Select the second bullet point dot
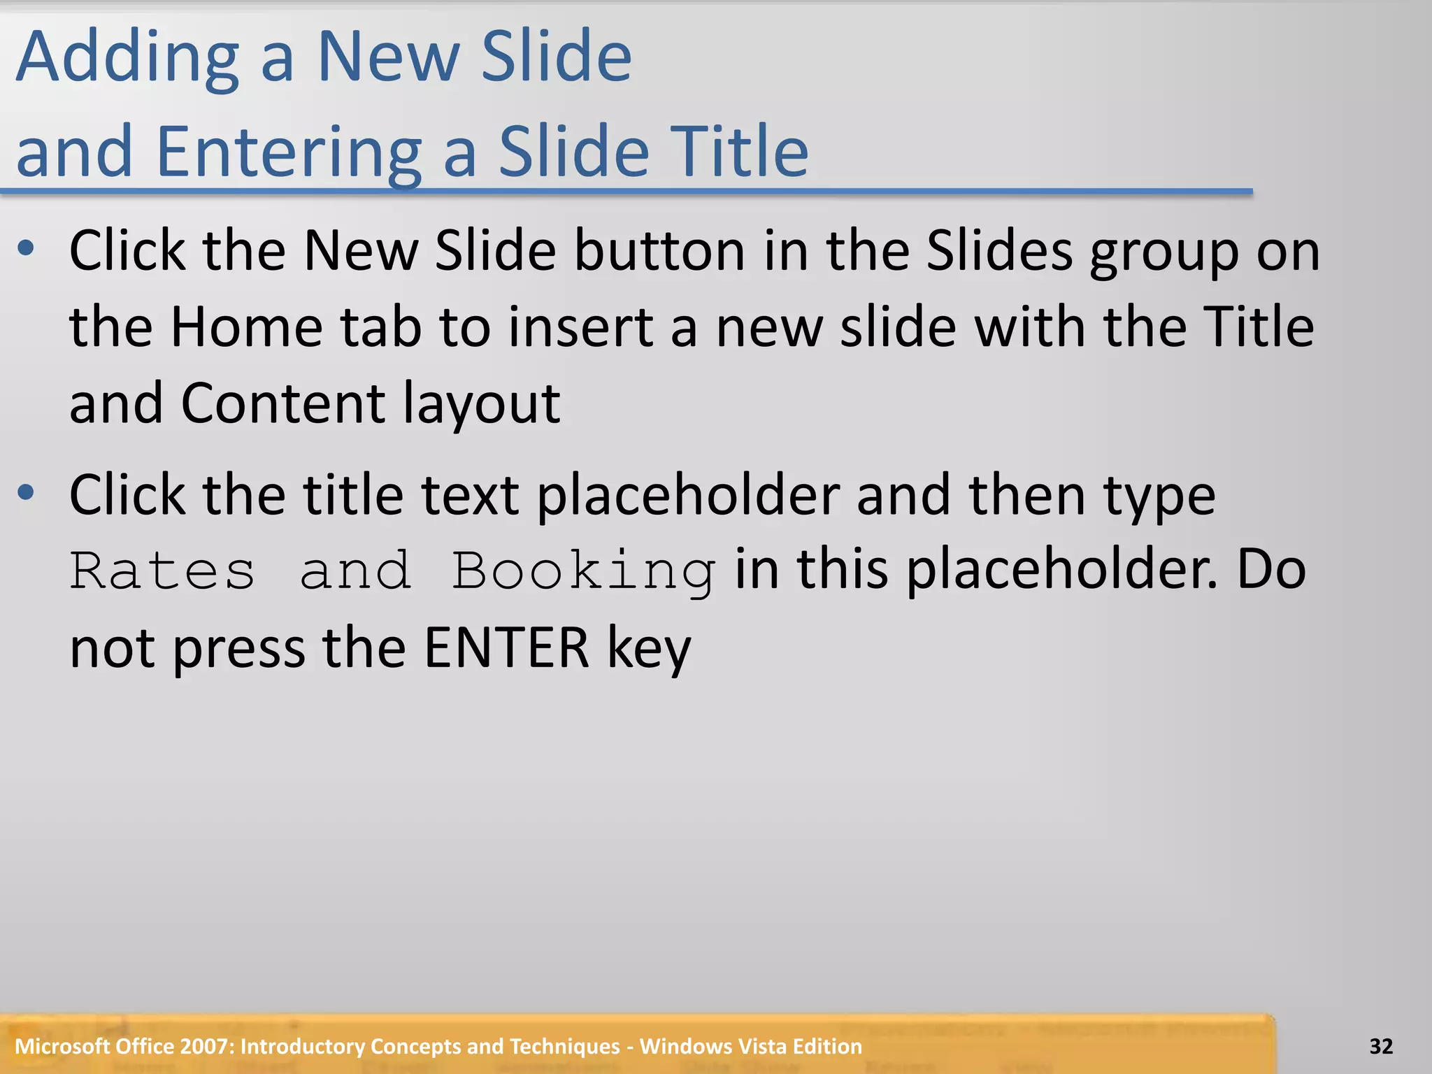(26, 492)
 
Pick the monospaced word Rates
(162, 571)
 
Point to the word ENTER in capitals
(506, 648)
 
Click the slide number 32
(1381, 1046)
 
